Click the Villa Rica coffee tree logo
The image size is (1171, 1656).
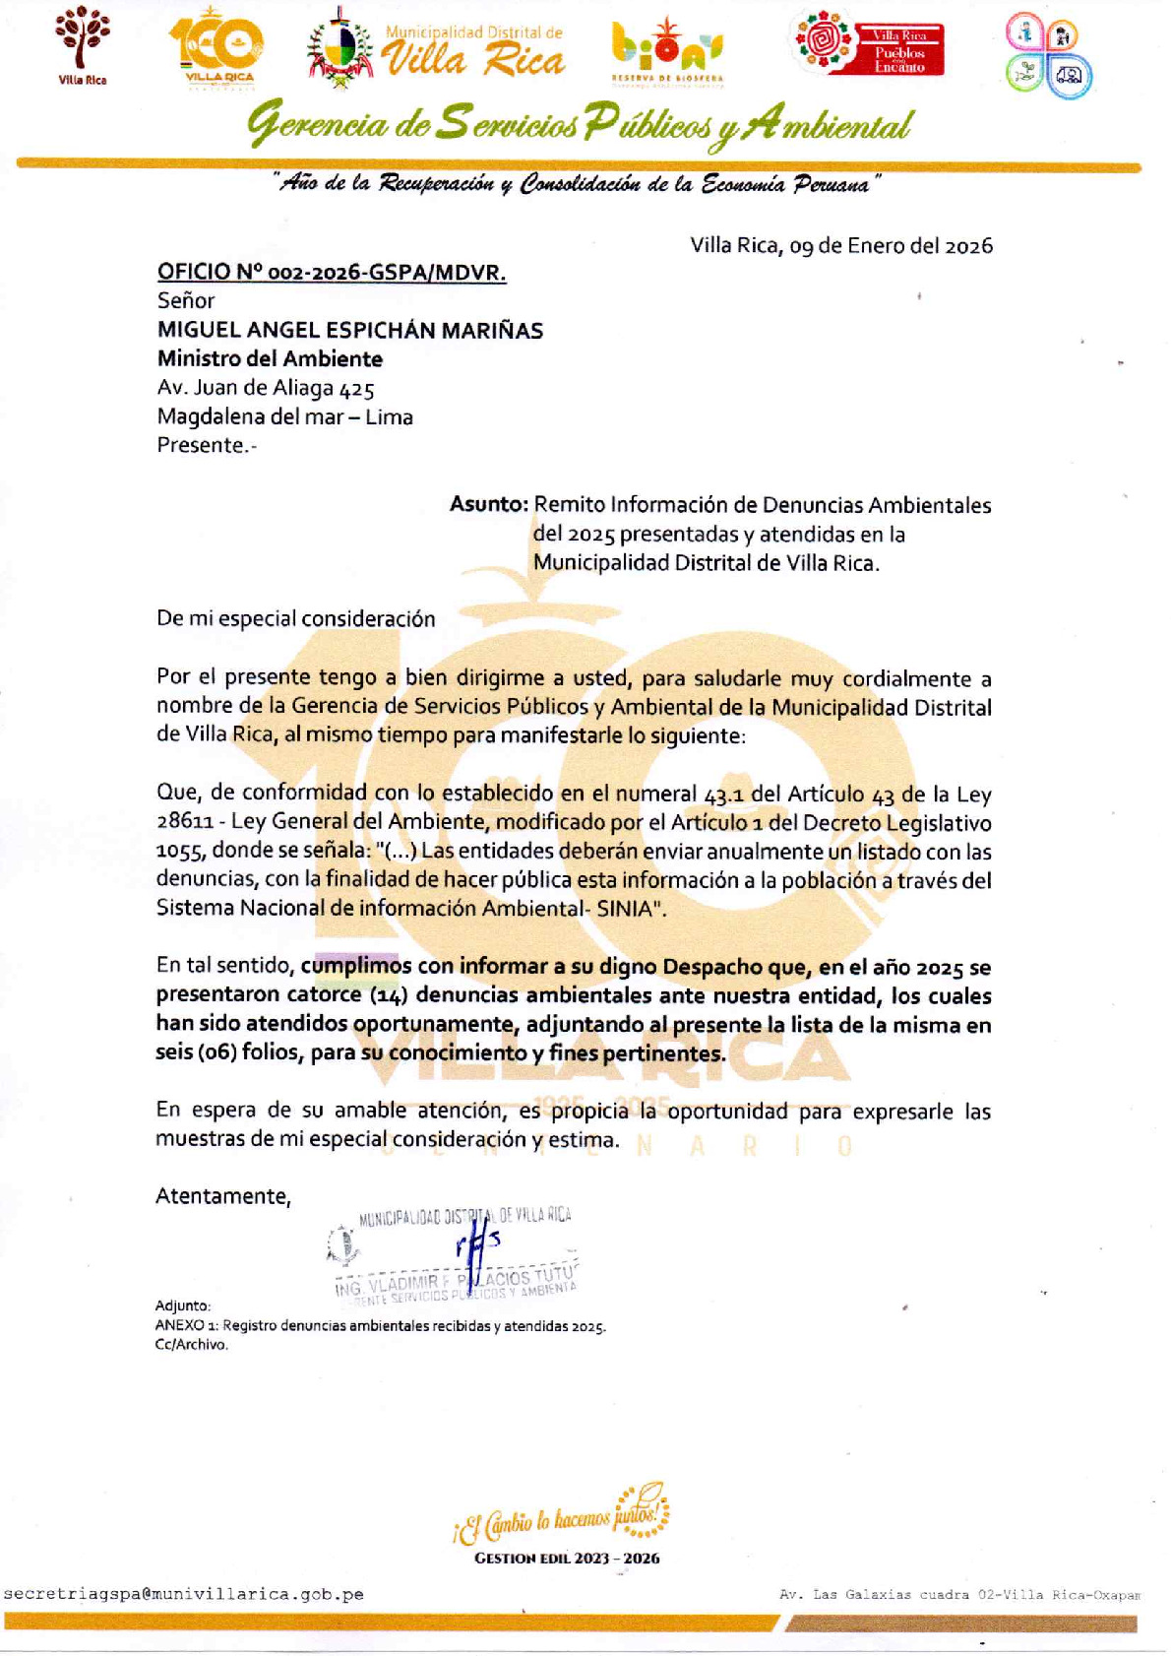point(82,43)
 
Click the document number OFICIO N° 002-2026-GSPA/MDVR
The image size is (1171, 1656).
point(332,273)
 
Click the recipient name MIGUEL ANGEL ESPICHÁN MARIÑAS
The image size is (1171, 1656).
point(350,331)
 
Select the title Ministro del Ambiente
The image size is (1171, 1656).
point(270,359)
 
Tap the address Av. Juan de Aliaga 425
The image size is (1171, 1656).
point(266,388)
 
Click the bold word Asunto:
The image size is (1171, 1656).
point(489,504)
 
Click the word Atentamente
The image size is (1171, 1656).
point(223,1196)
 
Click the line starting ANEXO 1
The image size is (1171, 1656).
point(380,1326)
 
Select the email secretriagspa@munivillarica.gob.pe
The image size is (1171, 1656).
point(184,1594)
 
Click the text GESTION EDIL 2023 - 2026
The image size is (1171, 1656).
point(567,1559)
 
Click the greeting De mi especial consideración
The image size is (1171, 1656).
point(295,619)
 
